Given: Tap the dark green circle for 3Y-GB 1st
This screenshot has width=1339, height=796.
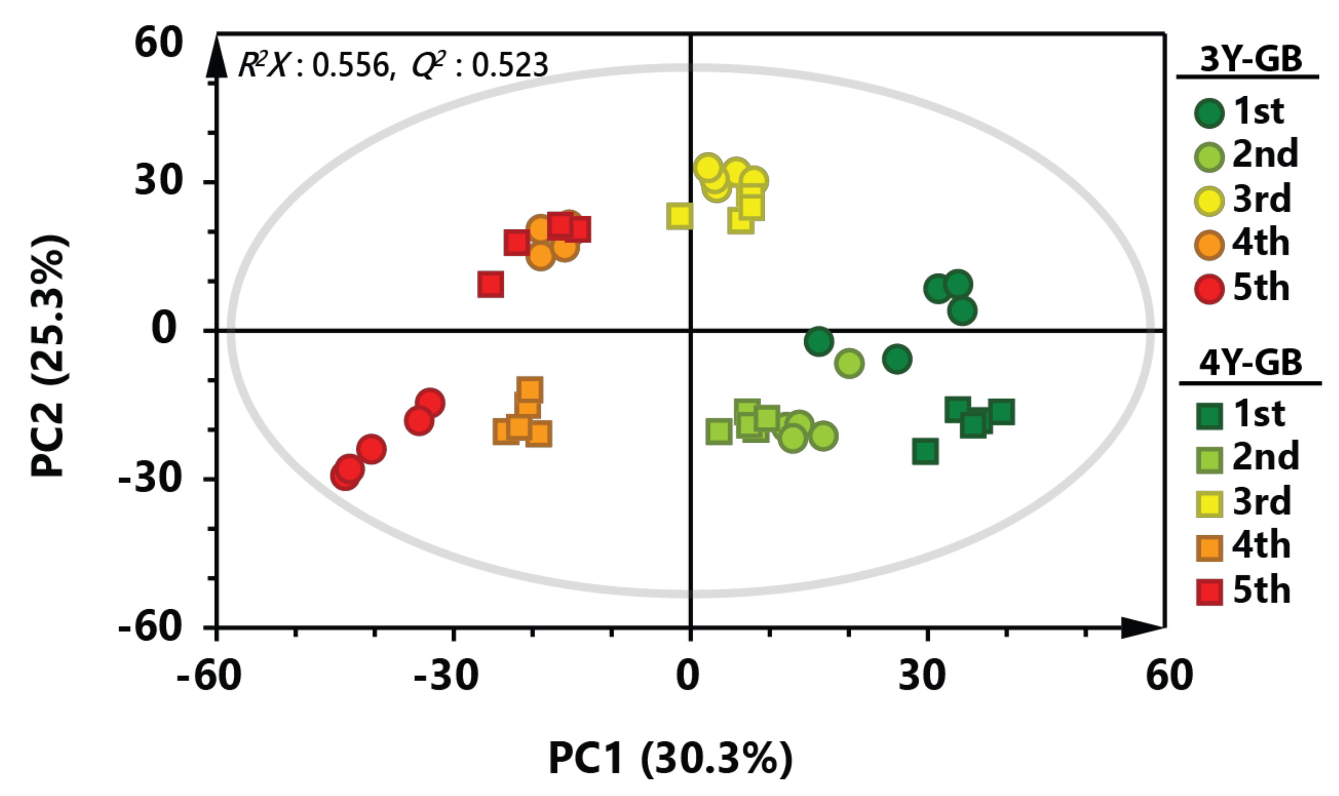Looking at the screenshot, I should (x=1209, y=113).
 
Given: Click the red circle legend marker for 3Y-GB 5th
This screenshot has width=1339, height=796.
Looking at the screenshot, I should (x=1209, y=289).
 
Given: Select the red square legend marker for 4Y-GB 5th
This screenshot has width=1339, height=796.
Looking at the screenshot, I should (x=1209, y=592).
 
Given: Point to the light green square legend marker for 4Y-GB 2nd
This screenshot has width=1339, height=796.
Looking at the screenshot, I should (x=1209, y=460).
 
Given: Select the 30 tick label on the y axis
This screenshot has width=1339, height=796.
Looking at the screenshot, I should (x=158, y=180).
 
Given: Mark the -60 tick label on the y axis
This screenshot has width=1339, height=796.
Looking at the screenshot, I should (x=150, y=625).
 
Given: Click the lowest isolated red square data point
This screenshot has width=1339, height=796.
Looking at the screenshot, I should (x=490, y=284).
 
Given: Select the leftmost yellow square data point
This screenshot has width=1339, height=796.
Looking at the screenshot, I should (x=679, y=216).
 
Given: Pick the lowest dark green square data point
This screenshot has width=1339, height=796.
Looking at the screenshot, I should (x=925, y=452).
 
